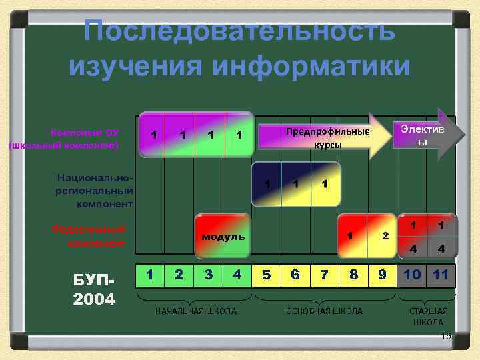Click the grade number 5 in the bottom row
pyautogui.click(x=266, y=274)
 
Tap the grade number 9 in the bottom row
pyautogui.click(x=381, y=274)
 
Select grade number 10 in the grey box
pyautogui.click(x=412, y=274)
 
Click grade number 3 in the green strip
pyautogui.click(x=208, y=274)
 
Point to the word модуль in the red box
pyautogui.click(x=223, y=237)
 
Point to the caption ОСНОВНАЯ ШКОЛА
pyautogui.click(x=325, y=311)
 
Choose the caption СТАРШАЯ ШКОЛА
pyautogui.click(x=428, y=317)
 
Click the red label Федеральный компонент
pyautogui.click(x=89, y=235)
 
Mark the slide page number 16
pyautogui.click(x=447, y=337)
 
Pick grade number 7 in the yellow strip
pyautogui.click(x=324, y=274)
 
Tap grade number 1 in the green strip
pyautogui.click(x=151, y=274)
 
